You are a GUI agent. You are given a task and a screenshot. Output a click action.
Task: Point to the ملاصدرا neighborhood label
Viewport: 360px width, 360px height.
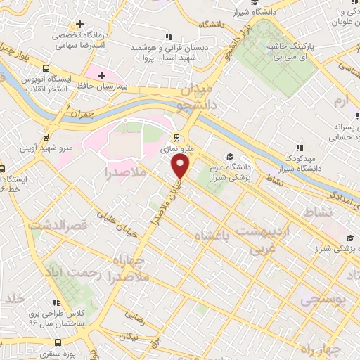tap(125, 172)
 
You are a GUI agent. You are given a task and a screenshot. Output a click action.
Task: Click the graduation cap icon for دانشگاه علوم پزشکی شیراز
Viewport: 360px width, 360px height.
tap(229, 157)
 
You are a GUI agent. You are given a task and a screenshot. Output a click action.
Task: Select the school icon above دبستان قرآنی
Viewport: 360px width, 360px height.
tap(167, 37)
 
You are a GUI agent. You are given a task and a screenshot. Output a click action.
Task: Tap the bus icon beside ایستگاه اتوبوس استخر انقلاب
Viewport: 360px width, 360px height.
tap(46, 69)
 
